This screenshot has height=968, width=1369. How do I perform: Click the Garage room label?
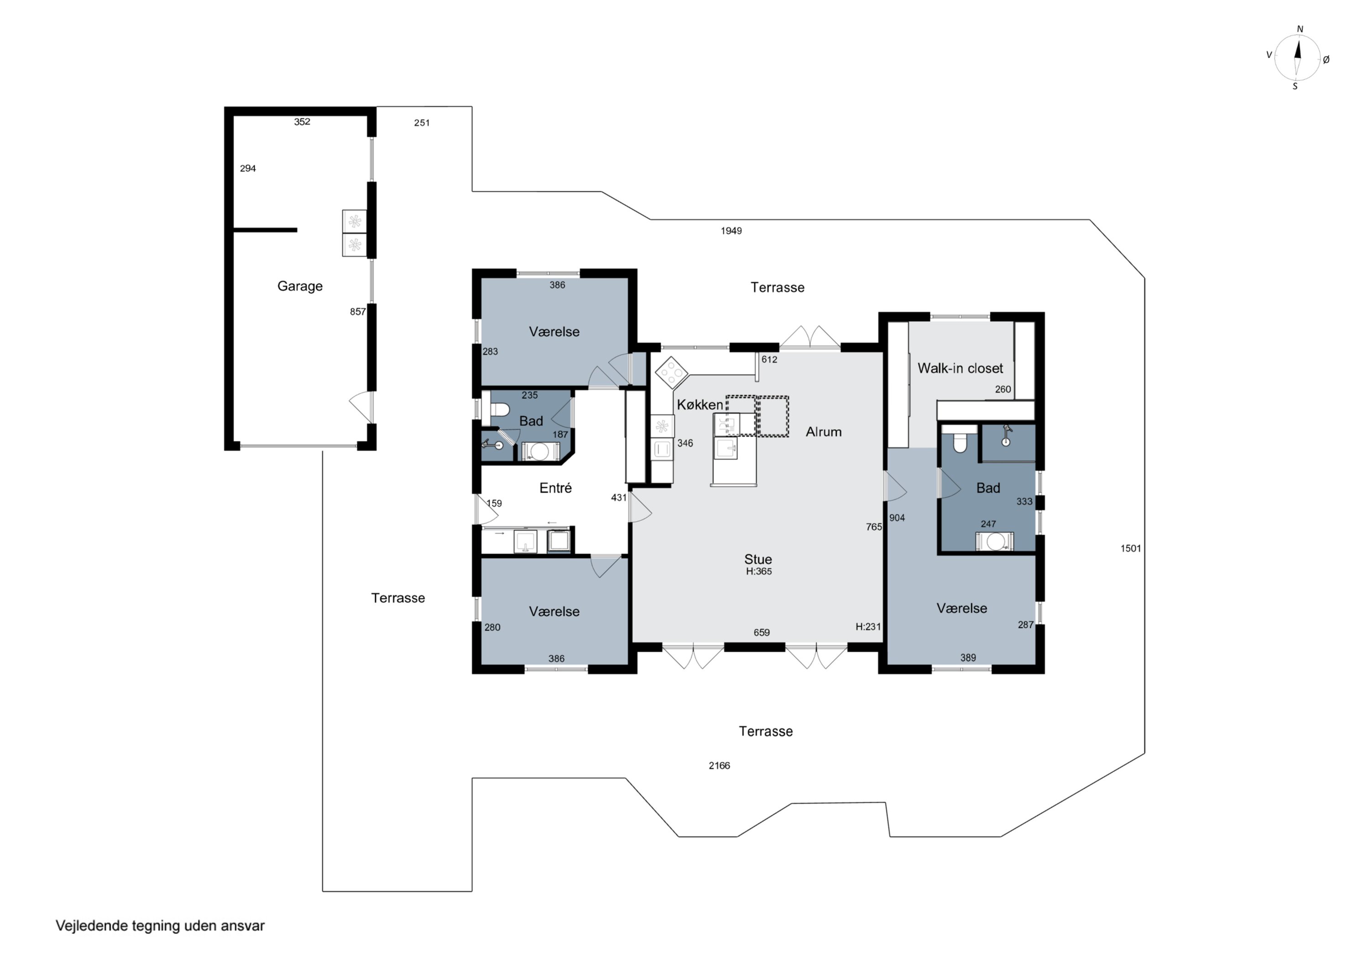pos(300,286)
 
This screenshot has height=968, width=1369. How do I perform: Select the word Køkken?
pos(700,404)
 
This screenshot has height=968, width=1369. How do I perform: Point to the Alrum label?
pos(823,432)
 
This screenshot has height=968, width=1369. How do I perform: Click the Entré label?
pos(555,488)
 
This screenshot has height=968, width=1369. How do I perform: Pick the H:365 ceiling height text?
pos(758,571)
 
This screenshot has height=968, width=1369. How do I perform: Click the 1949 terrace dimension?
pos(731,231)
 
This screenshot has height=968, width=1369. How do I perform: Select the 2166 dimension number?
pos(719,765)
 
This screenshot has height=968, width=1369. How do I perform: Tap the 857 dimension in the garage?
pos(358,311)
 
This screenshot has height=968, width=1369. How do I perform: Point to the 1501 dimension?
pos(1130,548)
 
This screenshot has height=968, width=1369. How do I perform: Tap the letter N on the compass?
pos(1301,29)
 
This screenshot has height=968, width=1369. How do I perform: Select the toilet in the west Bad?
pos(499,410)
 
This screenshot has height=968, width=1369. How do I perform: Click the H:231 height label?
pos(867,626)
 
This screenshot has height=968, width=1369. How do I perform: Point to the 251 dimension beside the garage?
pos(422,123)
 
